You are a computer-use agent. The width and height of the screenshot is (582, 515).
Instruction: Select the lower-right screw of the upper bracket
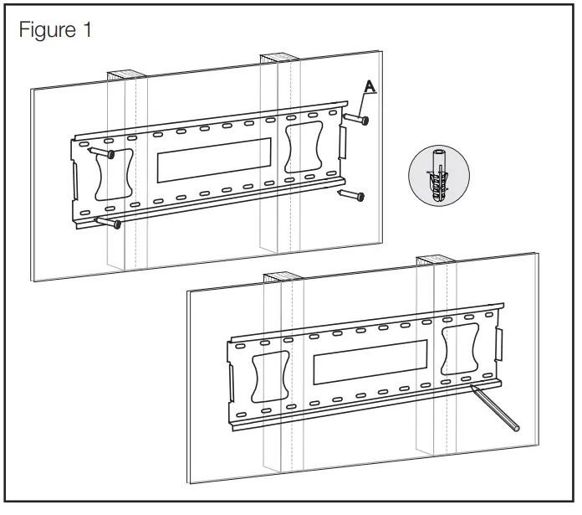tap(350, 196)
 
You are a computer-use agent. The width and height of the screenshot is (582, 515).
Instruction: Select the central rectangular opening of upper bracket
tap(212, 157)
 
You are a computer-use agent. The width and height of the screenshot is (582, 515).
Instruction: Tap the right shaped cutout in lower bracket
tap(462, 349)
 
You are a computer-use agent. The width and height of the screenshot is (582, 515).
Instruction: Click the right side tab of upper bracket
tap(341, 142)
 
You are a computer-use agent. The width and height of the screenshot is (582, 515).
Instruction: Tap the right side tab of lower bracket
tap(499, 344)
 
